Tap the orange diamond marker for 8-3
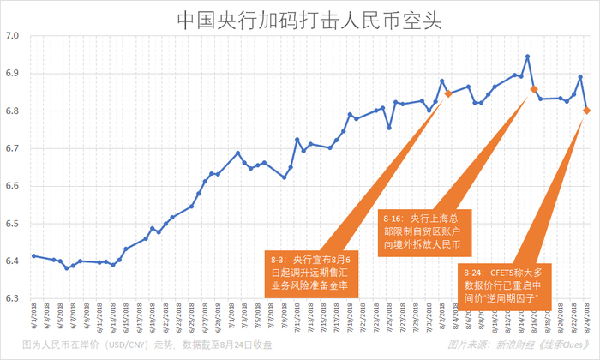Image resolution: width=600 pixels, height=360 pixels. click(448, 93)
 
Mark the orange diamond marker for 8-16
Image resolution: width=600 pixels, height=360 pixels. click(534, 89)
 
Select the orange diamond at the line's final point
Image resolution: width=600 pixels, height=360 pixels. click(586, 110)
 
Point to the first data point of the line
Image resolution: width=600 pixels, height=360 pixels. click(33, 255)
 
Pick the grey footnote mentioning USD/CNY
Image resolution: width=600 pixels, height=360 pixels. click(146, 345)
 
